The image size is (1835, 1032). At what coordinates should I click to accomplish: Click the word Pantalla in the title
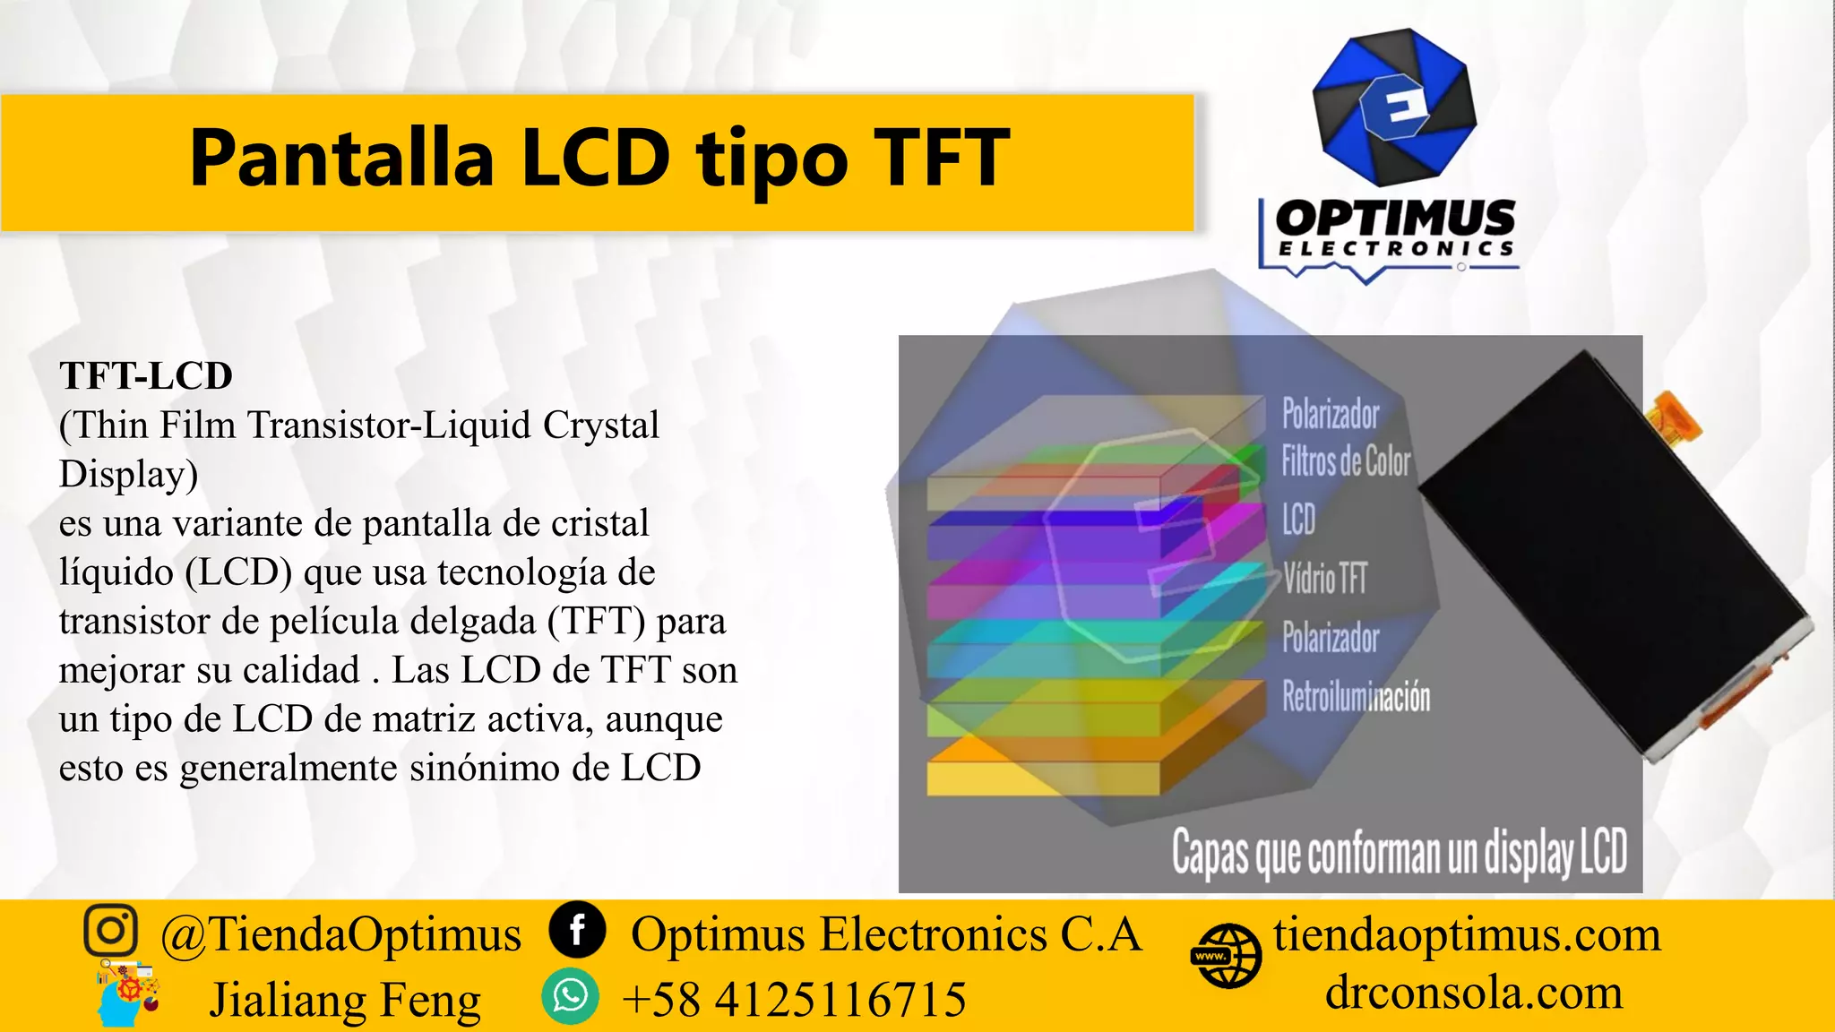(x=341, y=159)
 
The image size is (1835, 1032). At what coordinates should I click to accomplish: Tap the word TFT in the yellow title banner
(x=941, y=159)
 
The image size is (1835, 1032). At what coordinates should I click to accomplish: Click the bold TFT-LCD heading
(x=146, y=376)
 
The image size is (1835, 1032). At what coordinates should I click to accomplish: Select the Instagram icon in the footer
(x=111, y=930)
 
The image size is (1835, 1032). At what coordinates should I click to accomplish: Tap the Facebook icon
(x=577, y=930)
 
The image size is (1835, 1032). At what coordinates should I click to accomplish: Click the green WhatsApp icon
(x=570, y=996)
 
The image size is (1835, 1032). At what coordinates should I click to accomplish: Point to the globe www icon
(x=1226, y=956)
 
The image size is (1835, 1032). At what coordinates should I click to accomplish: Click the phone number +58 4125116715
(x=794, y=999)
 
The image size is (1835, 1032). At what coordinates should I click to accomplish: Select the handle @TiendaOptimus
(x=340, y=934)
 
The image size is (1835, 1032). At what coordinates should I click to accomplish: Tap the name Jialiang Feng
(x=345, y=1000)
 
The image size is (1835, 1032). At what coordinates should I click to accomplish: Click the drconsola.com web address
(x=1474, y=993)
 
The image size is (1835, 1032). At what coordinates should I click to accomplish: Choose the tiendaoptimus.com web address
(x=1467, y=934)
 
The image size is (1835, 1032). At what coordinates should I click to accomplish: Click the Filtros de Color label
(x=1346, y=461)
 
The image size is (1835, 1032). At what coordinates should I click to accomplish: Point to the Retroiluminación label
(x=1356, y=696)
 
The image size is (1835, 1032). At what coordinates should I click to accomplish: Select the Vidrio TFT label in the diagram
(x=1325, y=579)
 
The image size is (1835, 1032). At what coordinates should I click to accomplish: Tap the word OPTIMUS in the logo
(x=1395, y=219)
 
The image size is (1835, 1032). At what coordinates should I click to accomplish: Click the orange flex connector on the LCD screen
(x=1675, y=416)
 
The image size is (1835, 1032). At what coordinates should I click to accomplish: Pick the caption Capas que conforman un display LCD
(x=1399, y=853)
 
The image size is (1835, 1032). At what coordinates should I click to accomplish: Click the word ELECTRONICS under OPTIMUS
(x=1395, y=249)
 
